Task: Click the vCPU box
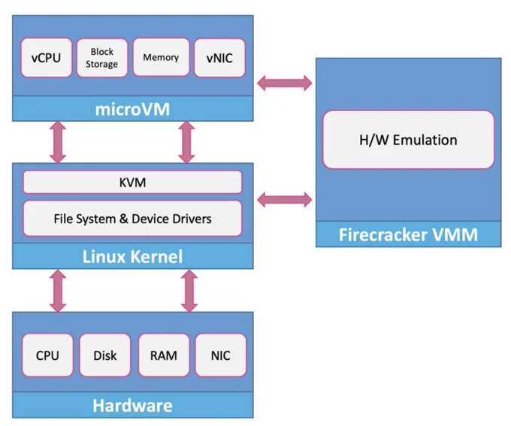pyautogui.click(x=47, y=58)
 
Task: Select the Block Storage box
pyautogui.click(x=102, y=58)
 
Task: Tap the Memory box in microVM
pyautogui.click(x=161, y=57)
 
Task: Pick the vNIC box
pyautogui.click(x=219, y=58)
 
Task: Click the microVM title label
pyautogui.click(x=132, y=109)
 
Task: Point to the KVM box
pyautogui.click(x=132, y=183)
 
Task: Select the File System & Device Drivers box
pyautogui.click(x=132, y=219)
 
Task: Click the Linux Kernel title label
pyautogui.click(x=132, y=256)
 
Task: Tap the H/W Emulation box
pyautogui.click(x=408, y=140)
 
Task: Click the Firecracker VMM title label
pyautogui.click(x=408, y=234)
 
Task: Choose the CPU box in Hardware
pyautogui.click(x=47, y=355)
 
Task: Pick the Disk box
pyautogui.click(x=104, y=355)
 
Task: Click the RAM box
pyautogui.click(x=164, y=355)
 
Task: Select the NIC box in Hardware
pyautogui.click(x=221, y=355)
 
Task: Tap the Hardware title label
pyautogui.click(x=132, y=406)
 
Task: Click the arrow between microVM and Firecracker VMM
pyautogui.click(x=285, y=83)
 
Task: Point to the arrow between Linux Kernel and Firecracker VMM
pyautogui.click(x=285, y=199)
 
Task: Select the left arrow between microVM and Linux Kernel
pyautogui.click(x=58, y=142)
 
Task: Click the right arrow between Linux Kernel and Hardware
pyautogui.click(x=189, y=291)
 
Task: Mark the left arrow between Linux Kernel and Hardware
pyautogui.click(x=58, y=291)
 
